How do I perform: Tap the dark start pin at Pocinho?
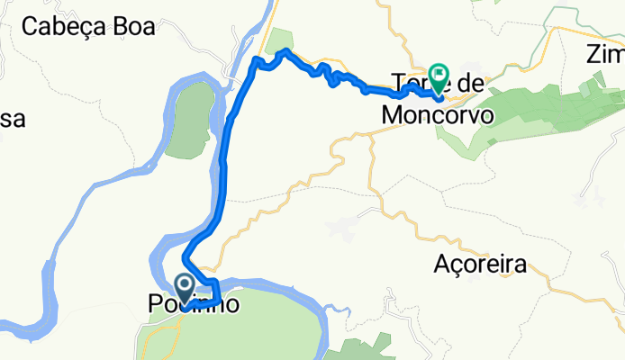pos(186,288)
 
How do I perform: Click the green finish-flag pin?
pos(439,76)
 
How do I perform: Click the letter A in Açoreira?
pos(440,265)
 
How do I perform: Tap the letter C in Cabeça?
pos(30,26)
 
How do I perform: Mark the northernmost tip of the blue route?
pos(285,50)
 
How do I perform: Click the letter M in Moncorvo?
pos(391,115)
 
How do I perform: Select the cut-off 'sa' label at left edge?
pos(12,118)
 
